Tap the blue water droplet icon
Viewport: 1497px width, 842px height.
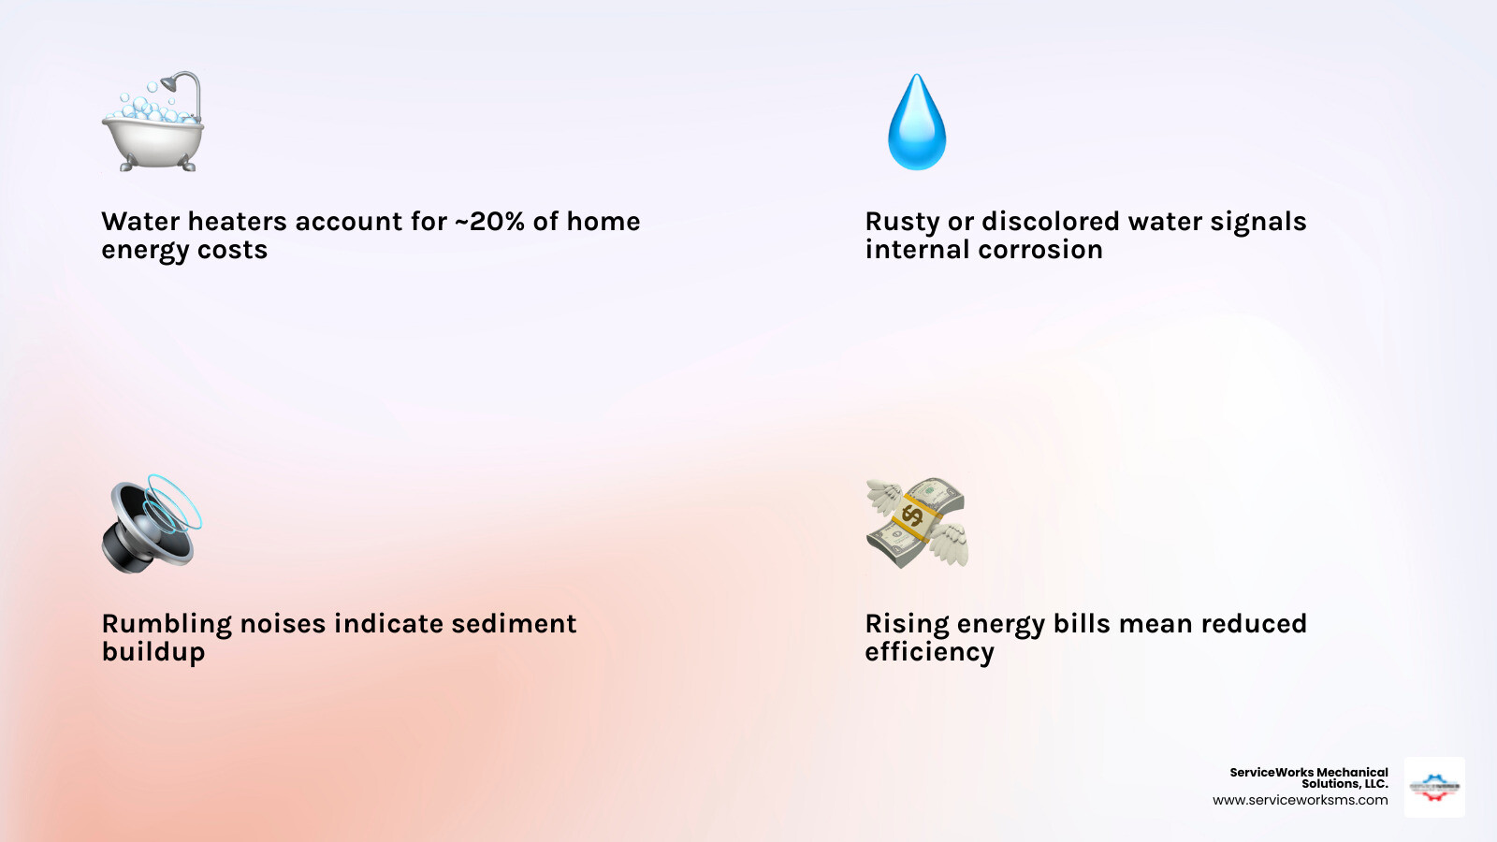click(x=917, y=123)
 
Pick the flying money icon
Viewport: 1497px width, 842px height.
click(x=917, y=522)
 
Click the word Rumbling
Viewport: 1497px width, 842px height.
click(x=167, y=624)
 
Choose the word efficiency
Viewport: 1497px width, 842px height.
click(x=929, y=652)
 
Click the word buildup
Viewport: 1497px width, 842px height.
click(x=153, y=652)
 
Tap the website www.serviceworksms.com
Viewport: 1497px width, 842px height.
click(x=1300, y=801)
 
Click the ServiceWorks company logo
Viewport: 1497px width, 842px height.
click(x=1434, y=787)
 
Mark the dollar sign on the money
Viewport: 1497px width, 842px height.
click(x=912, y=514)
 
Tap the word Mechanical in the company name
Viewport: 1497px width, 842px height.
click(x=1352, y=773)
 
